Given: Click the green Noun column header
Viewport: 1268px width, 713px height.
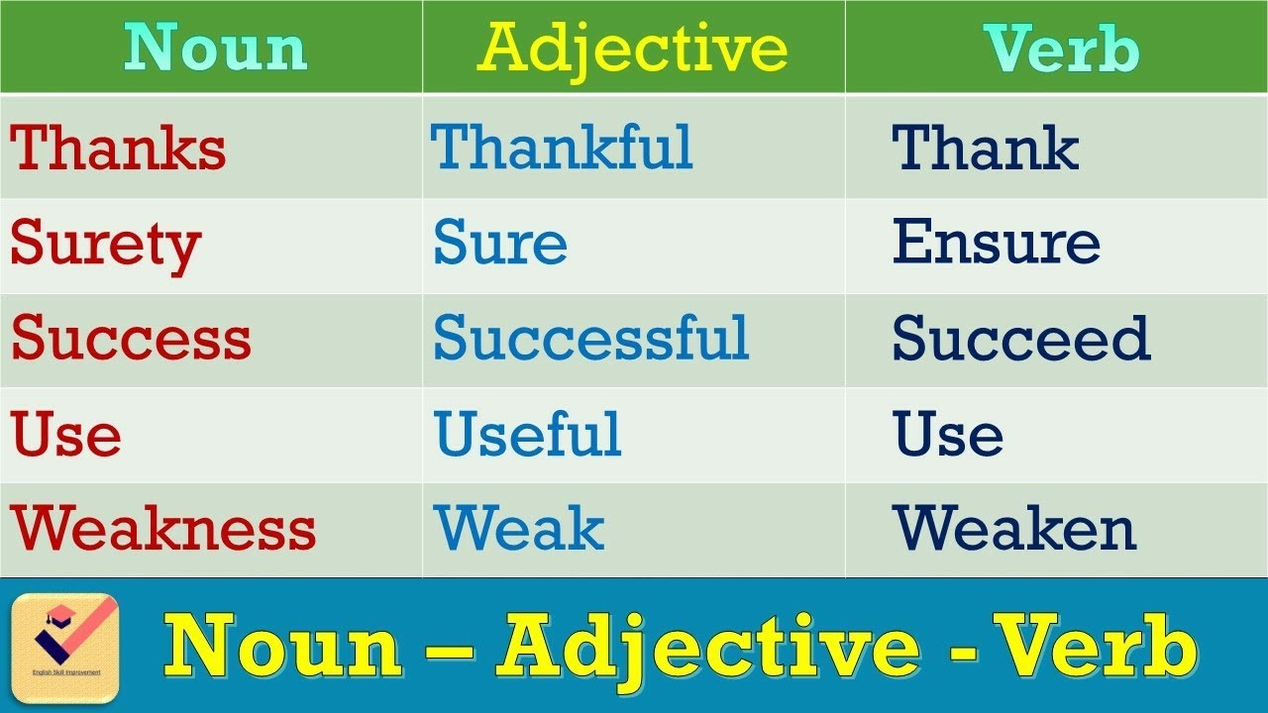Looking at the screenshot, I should [x=215, y=48].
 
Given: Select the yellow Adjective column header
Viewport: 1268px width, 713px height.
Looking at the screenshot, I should [x=632, y=48].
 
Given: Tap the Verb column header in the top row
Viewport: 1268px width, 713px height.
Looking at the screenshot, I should [x=1061, y=48].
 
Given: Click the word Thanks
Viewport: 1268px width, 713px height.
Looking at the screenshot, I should [x=118, y=148].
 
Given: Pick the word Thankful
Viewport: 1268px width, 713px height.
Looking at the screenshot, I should [x=562, y=148].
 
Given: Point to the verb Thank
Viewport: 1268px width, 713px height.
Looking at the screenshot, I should [x=985, y=148].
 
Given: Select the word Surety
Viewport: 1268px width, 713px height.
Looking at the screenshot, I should [x=105, y=244].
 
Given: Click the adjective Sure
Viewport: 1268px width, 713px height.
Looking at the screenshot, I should [x=500, y=244].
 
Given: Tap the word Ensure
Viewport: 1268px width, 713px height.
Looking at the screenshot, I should [x=996, y=244].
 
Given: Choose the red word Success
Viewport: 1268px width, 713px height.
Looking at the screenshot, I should [x=131, y=339].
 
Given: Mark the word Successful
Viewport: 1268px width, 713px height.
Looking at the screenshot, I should [x=590, y=339].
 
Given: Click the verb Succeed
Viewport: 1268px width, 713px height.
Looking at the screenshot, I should [x=1020, y=339].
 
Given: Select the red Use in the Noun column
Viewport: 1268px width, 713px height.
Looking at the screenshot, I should [x=65, y=435].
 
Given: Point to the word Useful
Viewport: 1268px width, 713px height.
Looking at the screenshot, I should [x=527, y=435].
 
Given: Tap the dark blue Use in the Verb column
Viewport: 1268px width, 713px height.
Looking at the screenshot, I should [x=948, y=435].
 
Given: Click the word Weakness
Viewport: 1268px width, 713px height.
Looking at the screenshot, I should [x=163, y=530].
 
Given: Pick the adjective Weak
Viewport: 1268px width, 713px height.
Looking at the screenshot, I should [x=518, y=530].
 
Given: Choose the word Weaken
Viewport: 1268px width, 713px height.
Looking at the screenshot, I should [x=1013, y=530].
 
